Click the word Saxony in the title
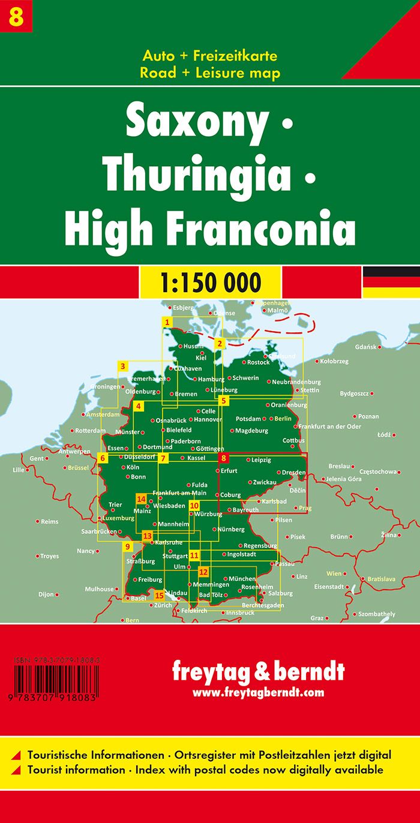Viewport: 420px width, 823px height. tap(195, 123)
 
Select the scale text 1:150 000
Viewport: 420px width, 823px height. tap(210, 281)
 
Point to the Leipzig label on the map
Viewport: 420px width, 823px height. tap(262, 459)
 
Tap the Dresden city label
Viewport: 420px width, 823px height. tap(293, 473)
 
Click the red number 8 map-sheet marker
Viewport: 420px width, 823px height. tap(224, 458)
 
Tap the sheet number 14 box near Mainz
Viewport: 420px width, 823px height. tap(142, 499)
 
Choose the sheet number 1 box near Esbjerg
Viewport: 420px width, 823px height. tap(168, 322)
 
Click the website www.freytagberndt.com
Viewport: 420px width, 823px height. tap(258, 692)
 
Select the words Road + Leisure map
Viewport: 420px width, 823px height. tap(210, 73)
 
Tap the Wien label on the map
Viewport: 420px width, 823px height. tap(334, 573)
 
